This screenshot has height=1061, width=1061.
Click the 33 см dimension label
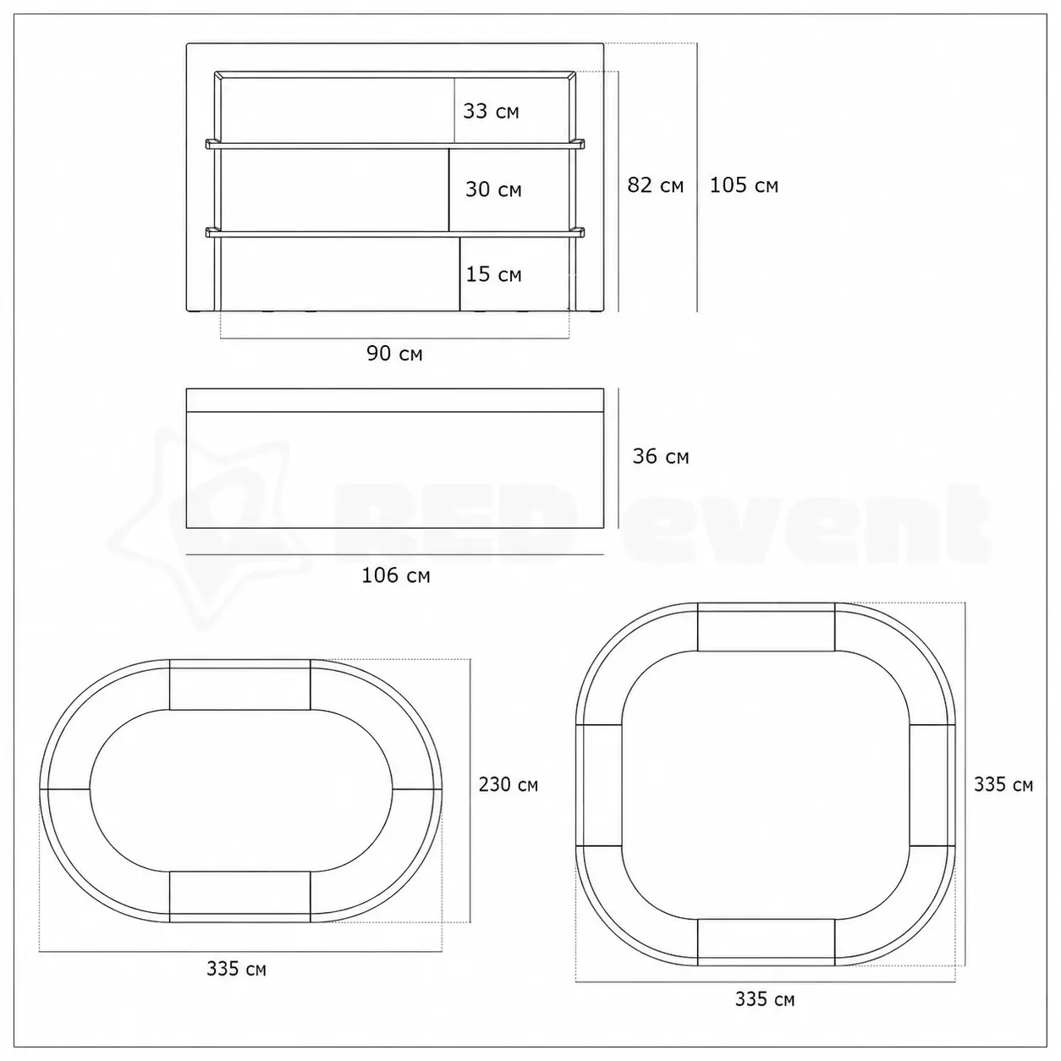tap(491, 111)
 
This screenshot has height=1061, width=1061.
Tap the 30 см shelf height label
tap(493, 190)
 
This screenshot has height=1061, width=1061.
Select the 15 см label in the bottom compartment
tap(493, 274)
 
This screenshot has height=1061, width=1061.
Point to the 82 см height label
tap(655, 185)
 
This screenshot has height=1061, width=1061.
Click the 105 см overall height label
tap(744, 185)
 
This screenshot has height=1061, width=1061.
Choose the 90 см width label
tap(394, 354)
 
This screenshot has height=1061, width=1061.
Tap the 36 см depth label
tap(661, 456)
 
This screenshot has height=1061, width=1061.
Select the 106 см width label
tap(396, 576)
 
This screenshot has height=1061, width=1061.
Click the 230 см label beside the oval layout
tap(509, 784)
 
